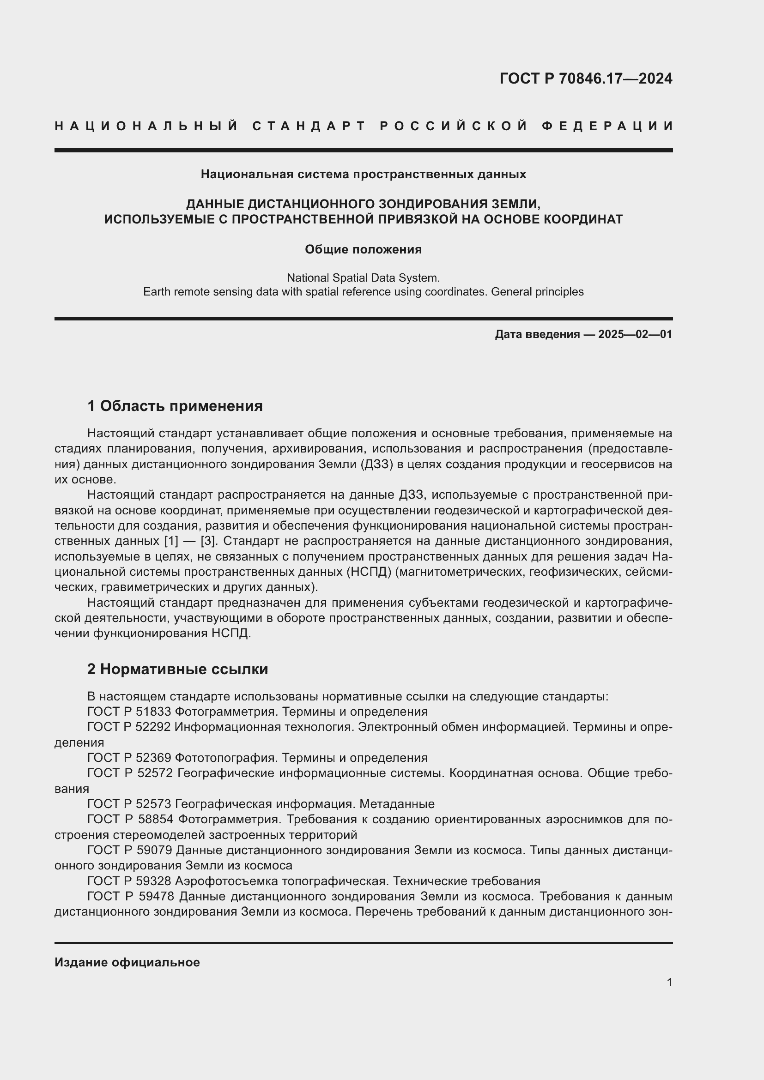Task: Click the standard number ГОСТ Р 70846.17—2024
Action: click(586, 78)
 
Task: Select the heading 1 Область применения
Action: click(175, 405)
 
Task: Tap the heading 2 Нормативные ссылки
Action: click(177, 669)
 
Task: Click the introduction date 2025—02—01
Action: click(635, 334)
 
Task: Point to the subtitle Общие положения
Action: click(363, 249)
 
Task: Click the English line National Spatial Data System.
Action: click(363, 278)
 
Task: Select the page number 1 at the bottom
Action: click(669, 982)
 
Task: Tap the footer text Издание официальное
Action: click(127, 962)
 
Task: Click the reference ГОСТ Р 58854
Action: click(130, 820)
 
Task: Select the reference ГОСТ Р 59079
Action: click(130, 851)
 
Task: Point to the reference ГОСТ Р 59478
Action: click(131, 897)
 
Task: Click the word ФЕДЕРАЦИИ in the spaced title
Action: click(607, 126)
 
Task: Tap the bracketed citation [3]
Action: click(208, 541)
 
